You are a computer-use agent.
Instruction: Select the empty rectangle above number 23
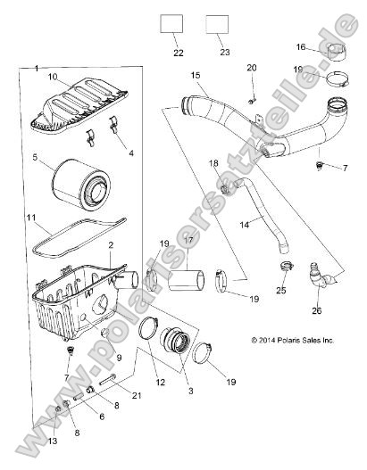coord(217,24)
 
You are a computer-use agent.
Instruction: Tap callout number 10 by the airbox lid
coord(52,77)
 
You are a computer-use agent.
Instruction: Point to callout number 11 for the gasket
coord(29,218)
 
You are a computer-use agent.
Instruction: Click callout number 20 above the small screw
coord(251,69)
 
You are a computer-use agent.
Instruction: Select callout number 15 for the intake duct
coord(196,77)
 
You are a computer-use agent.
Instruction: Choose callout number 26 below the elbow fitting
coord(317,310)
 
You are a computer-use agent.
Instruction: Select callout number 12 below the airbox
coord(162,383)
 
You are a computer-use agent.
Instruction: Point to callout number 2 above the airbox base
coord(109,244)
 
